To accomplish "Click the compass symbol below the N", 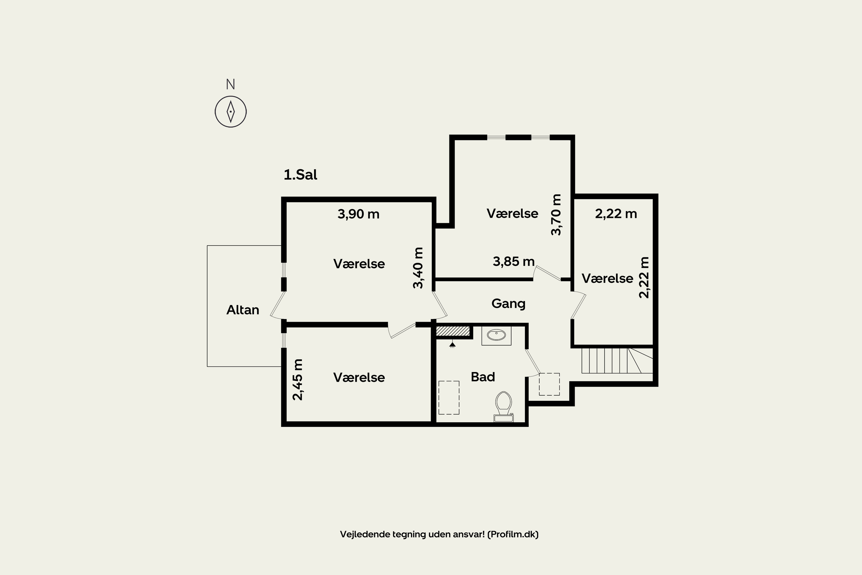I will pyautogui.click(x=230, y=112).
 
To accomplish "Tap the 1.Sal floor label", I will pyautogui.click(x=300, y=175).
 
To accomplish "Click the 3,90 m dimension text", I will pyautogui.click(x=358, y=214).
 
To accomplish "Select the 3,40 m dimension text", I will pyautogui.click(x=418, y=268).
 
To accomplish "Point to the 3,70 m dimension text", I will pyautogui.click(x=556, y=214).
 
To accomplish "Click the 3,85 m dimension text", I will pyautogui.click(x=513, y=261).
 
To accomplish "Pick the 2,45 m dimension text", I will pyautogui.click(x=298, y=379).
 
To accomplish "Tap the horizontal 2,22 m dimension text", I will pyautogui.click(x=616, y=214).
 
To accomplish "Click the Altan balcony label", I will pyautogui.click(x=243, y=310).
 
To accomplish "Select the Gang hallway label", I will pyautogui.click(x=508, y=303).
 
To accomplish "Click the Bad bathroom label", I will pyautogui.click(x=483, y=377).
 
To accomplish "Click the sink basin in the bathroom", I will pyautogui.click(x=496, y=335).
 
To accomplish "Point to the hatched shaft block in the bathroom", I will pyautogui.click(x=453, y=331).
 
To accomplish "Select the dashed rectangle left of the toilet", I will pyautogui.click(x=449, y=398).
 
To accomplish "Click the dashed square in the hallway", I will pyautogui.click(x=549, y=384).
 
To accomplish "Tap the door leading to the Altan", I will pyautogui.click(x=278, y=304).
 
